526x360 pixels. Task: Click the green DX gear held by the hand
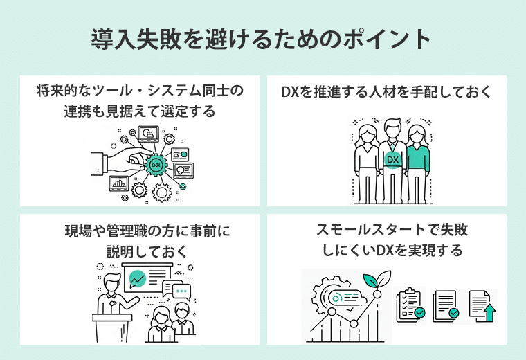(x=156, y=165)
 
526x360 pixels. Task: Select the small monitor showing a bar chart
(x=119, y=184)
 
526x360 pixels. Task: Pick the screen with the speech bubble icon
(x=183, y=170)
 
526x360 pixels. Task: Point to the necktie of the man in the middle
(x=392, y=146)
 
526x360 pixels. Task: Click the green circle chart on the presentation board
(x=137, y=280)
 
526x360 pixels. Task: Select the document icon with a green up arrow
(x=483, y=305)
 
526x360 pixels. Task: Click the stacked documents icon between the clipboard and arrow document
(x=446, y=305)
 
